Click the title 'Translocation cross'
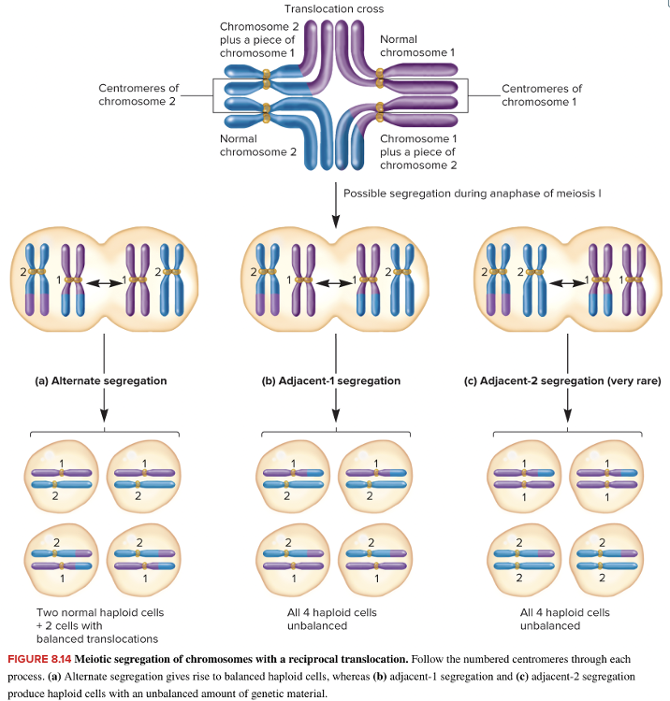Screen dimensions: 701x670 pyautogui.click(x=334, y=8)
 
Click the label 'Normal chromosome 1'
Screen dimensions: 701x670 pyautogui.click(x=416, y=46)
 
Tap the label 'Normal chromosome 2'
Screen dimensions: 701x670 pyautogui.click(x=244, y=145)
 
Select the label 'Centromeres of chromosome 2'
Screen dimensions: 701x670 pyautogui.click(x=138, y=94)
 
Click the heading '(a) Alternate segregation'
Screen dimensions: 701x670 pyautogui.click(x=103, y=381)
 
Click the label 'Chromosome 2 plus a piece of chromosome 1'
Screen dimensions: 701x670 pyautogui.click(x=259, y=39)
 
